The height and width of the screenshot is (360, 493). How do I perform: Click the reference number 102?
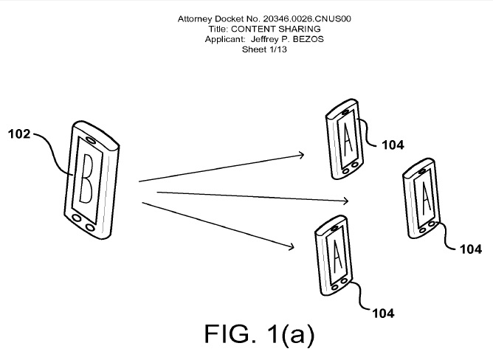(x=19, y=134)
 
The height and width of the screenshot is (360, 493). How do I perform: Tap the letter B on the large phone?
(x=86, y=179)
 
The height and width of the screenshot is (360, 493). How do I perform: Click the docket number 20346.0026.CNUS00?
(x=307, y=19)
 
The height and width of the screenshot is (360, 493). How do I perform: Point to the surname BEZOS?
(x=308, y=39)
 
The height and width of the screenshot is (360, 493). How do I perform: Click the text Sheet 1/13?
(x=264, y=49)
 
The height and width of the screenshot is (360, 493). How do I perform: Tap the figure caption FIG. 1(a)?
(x=259, y=333)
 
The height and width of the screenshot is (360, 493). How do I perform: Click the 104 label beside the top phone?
(x=393, y=145)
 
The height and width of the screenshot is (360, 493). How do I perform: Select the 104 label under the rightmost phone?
(x=471, y=249)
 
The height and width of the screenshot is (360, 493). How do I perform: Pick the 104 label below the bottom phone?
(x=383, y=314)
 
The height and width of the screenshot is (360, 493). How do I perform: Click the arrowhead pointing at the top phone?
(x=301, y=155)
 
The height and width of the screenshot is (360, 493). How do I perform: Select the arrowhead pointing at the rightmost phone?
(x=345, y=201)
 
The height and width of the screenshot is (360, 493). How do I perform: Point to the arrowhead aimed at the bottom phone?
(x=291, y=247)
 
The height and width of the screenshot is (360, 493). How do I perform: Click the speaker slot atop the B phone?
(x=92, y=139)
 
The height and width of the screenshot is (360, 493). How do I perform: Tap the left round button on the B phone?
(x=77, y=218)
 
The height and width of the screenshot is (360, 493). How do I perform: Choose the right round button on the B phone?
(x=90, y=227)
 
